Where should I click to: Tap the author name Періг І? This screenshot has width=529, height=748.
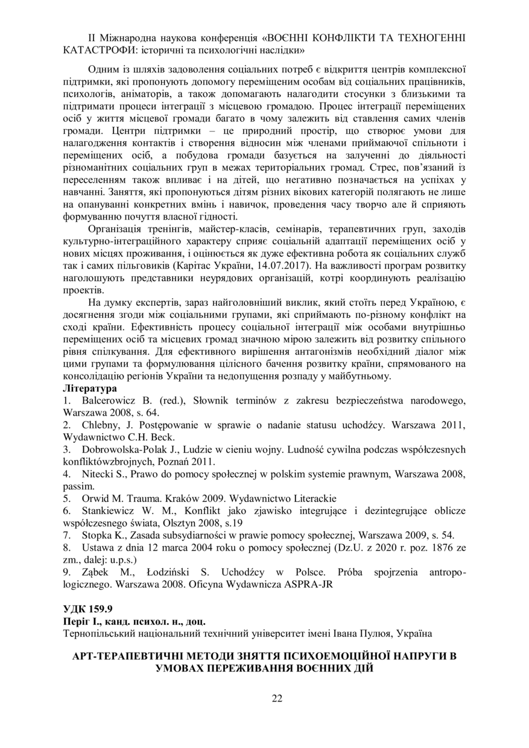(81, 620)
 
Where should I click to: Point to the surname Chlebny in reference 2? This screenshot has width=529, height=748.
(98, 425)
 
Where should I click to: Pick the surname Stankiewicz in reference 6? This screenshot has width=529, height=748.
(109, 511)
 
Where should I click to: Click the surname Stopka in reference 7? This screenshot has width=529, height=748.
(96, 535)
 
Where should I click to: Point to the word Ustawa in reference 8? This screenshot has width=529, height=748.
(97, 548)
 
